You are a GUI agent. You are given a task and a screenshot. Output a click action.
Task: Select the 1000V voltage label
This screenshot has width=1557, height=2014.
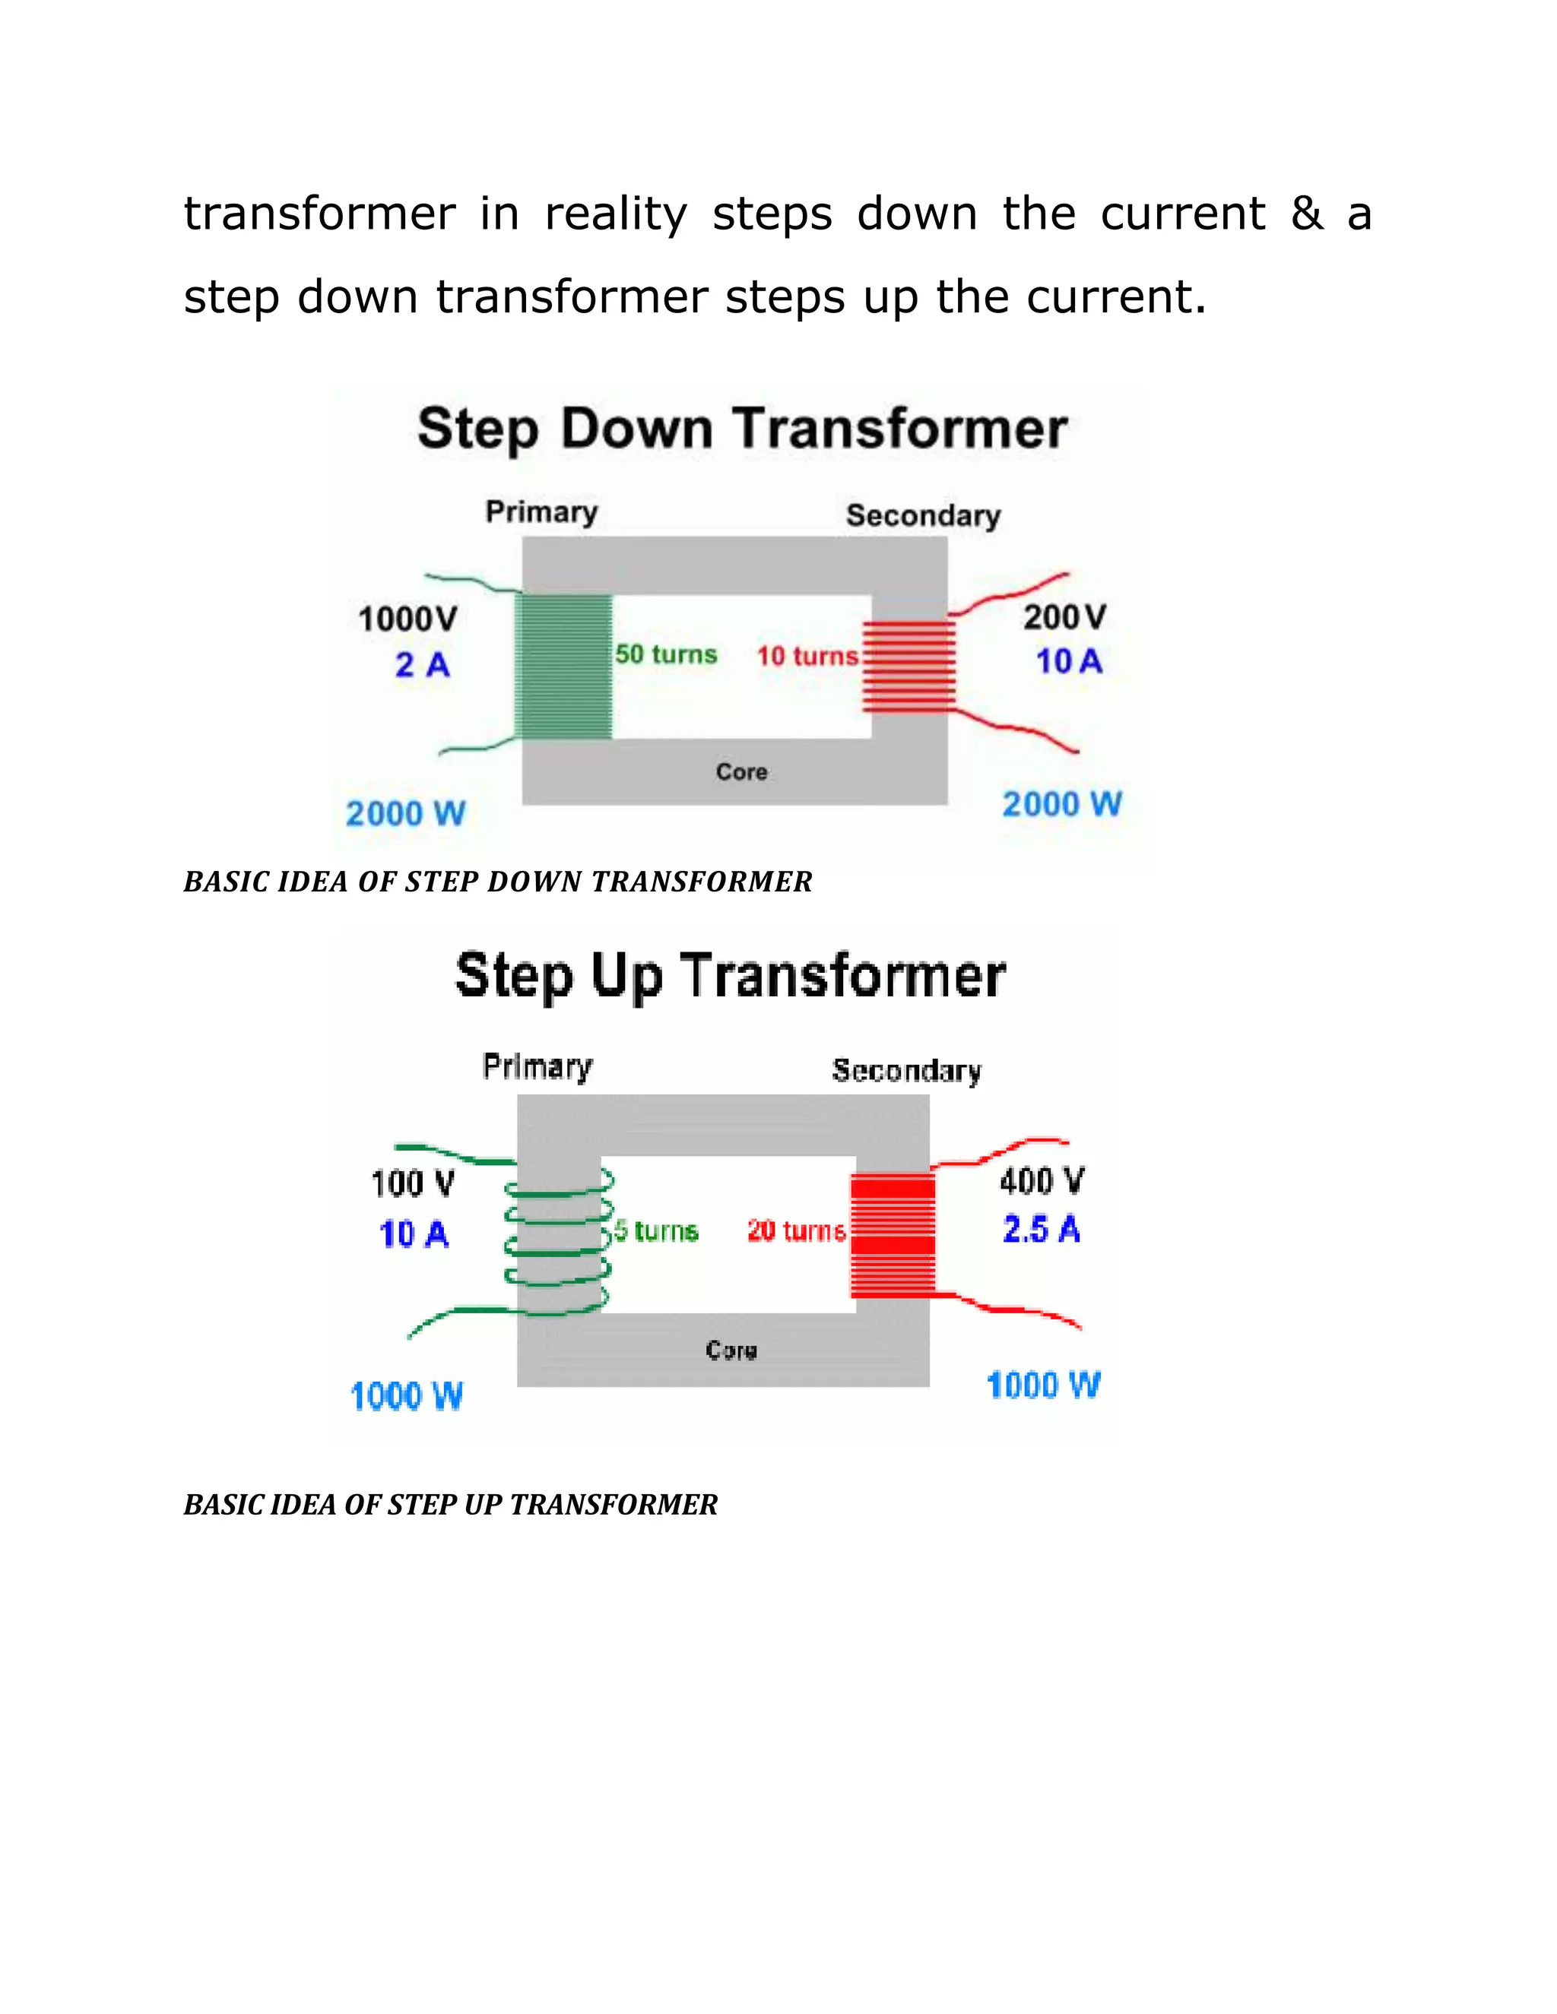[x=407, y=619]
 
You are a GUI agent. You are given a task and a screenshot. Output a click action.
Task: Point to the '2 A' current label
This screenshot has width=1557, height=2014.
[x=423, y=665]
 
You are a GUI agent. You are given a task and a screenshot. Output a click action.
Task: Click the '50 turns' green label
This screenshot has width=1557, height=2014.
[x=666, y=654]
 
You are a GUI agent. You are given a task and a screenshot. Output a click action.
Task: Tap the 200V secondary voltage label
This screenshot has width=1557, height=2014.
[x=1064, y=617]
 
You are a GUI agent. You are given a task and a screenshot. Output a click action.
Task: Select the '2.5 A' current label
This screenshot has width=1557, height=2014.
[x=1042, y=1229]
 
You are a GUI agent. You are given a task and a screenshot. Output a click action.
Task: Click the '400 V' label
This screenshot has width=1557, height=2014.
[x=1042, y=1180]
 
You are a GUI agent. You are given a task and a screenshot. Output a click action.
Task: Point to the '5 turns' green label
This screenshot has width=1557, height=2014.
[x=656, y=1231]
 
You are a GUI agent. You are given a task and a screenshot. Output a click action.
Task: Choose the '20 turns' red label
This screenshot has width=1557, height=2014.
[x=796, y=1231]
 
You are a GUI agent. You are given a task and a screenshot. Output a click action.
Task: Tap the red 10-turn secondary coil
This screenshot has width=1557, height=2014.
[x=908, y=667]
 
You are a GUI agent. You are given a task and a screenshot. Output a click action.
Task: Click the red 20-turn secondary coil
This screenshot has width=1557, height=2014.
[x=892, y=1233]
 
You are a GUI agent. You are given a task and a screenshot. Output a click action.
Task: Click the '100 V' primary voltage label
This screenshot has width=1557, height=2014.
[x=412, y=1183]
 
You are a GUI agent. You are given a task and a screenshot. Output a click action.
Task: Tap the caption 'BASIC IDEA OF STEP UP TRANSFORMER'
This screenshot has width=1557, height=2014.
[x=450, y=1504]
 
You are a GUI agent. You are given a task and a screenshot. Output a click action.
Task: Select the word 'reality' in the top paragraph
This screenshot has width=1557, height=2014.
[x=615, y=214]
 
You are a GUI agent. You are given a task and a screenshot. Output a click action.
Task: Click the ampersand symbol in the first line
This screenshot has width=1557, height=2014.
[x=1306, y=214]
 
